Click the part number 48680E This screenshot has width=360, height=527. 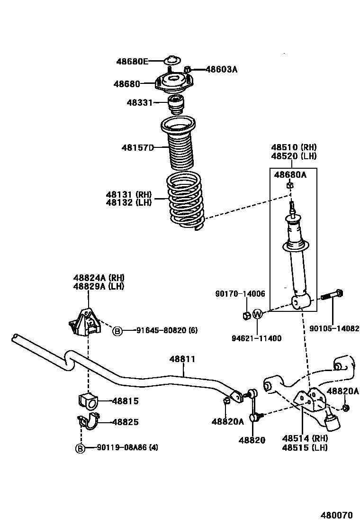[133, 61]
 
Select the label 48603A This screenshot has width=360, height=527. [221, 69]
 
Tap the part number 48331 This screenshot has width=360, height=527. [139, 102]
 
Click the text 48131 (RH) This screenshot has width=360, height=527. [128, 194]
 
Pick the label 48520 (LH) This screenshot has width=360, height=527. [294, 156]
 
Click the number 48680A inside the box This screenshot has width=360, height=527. [290, 175]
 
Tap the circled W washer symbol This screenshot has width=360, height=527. [257, 314]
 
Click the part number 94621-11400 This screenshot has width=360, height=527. [257, 338]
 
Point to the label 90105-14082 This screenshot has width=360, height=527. [334, 327]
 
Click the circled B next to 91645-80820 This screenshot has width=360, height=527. [117, 331]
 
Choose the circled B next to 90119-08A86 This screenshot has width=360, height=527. [81, 448]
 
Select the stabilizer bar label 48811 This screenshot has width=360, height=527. [182, 359]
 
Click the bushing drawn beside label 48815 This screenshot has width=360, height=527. [86, 400]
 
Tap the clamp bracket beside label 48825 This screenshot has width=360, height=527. [87, 421]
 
